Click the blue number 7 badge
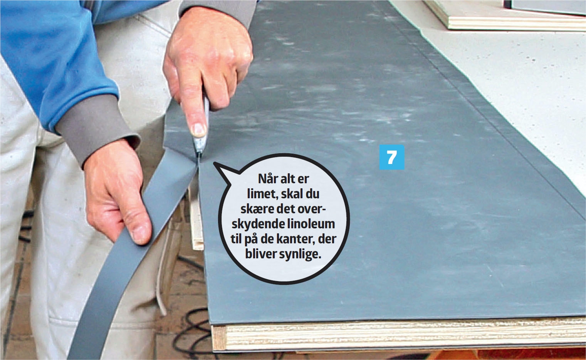click(x=391, y=157)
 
